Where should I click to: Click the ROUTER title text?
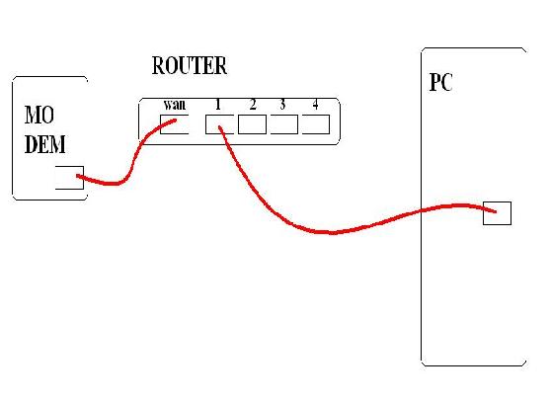pos(190,65)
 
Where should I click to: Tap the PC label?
pos(441,82)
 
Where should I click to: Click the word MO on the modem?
pos(39,115)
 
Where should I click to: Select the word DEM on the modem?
pos(45,144)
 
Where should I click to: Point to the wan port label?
pos(175,105)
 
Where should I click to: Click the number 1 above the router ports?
pos(218,104)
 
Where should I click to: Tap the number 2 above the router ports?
pos(253,104)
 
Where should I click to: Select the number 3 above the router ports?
pos(282,104)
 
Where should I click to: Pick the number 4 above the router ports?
pos(315,104)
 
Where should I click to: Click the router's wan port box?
pos(175,124)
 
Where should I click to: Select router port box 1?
pos(219,124)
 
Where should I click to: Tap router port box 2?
pos(252,124)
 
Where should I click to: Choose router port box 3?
pos(283,124)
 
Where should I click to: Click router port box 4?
pos(316,124)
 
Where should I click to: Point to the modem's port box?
pos(69,178)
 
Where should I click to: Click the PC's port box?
pos(497,213)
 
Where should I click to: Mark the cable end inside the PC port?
pos(496,211)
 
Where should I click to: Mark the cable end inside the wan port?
pos(175,121)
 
